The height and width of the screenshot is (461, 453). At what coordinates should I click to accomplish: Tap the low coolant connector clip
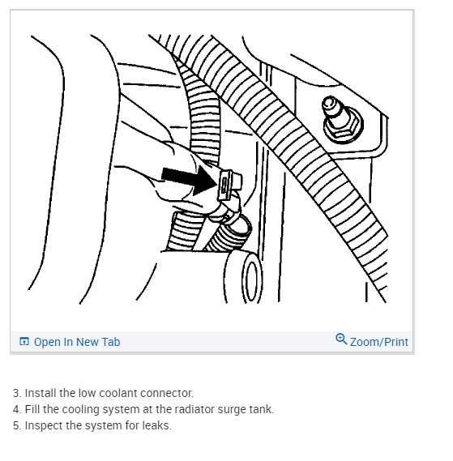229,186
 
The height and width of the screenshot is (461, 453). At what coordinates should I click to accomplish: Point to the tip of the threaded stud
330,100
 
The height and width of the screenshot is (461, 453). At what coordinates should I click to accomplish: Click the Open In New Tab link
70,342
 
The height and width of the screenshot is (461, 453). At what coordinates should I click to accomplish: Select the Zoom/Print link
372,341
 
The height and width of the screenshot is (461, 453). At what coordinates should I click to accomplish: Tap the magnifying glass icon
341,339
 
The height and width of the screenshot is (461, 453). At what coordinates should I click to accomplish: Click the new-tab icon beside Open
24,342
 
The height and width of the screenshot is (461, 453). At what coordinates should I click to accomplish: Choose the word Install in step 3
41,393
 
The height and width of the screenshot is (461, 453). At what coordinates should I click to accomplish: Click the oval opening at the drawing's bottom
251,279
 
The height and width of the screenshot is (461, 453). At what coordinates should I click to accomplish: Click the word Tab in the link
111,342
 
